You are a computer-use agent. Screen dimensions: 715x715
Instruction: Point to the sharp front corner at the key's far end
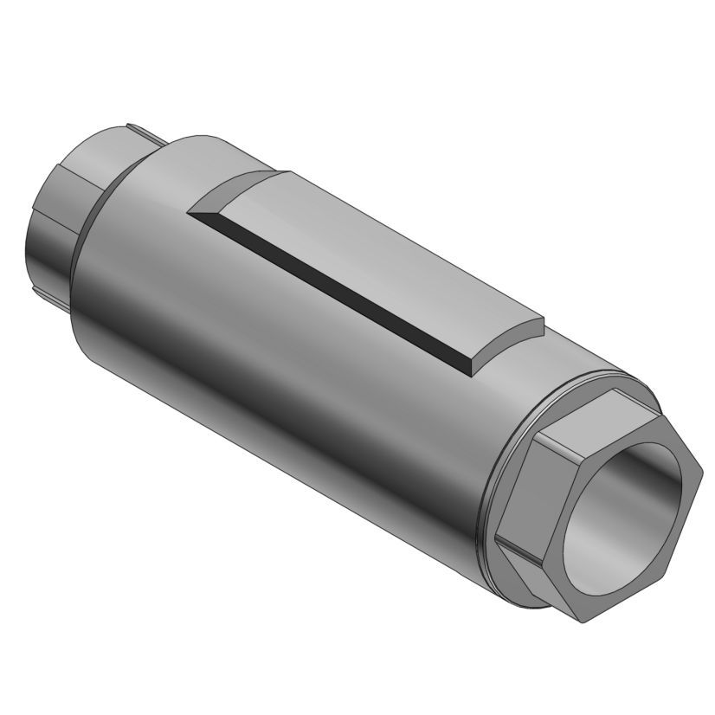(x=190, y=209)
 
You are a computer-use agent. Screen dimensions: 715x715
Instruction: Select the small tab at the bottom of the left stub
(x=61, y=303)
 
